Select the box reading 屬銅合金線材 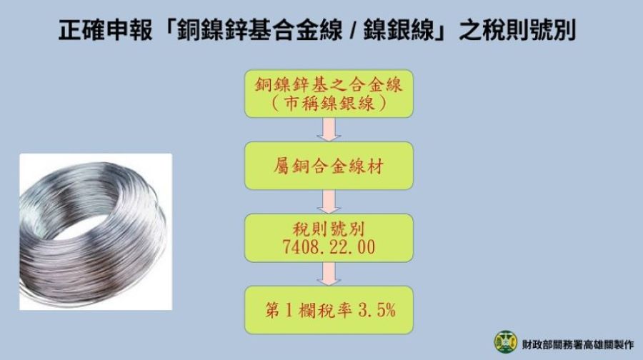[x=329, y=165]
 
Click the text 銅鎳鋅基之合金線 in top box [x=329, y=86]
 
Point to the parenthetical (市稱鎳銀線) [x=329, y=104]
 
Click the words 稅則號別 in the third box [x=329, y=230]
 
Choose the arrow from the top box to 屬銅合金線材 [x=329, y=129]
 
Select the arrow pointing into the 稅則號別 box [x=329, y=201]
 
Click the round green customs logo [x=505, y=341]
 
